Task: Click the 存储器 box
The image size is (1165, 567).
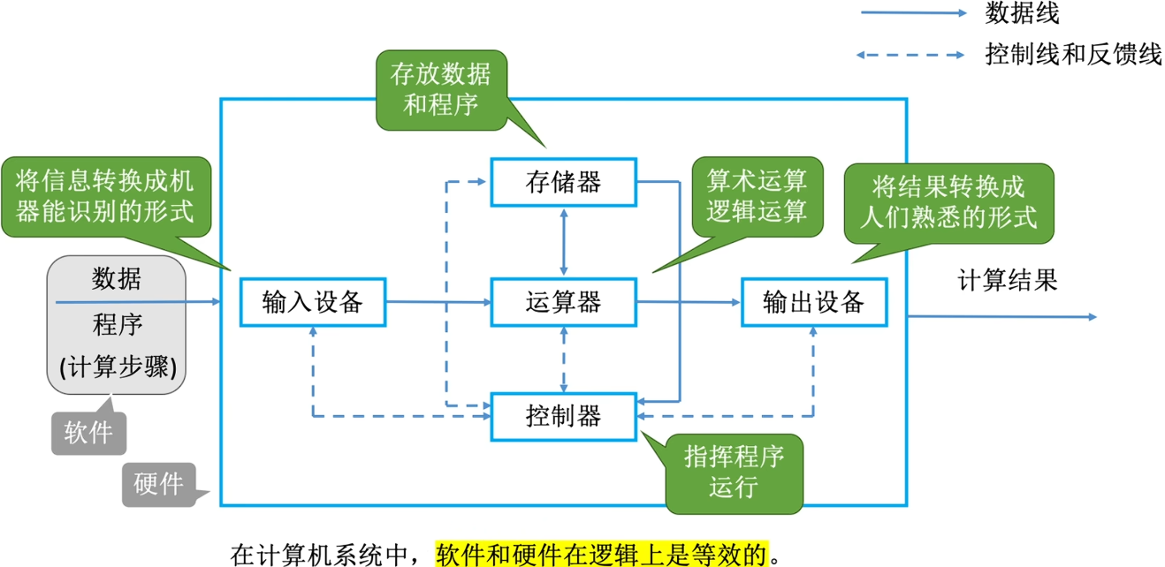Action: [563, 182]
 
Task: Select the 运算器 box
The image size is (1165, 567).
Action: [563, 302]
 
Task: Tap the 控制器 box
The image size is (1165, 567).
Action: [563, 415]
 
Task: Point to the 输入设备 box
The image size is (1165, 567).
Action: [313, 302]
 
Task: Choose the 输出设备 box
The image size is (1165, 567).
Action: [813, 302]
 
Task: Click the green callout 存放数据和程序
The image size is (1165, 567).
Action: [440, 90]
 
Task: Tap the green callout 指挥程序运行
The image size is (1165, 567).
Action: [734, 472]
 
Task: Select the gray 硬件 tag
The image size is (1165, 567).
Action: [159, 484]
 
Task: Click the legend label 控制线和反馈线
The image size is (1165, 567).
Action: [1072, 54]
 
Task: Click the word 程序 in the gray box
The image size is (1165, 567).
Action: [117, 325]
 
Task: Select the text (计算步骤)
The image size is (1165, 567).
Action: [117, 367]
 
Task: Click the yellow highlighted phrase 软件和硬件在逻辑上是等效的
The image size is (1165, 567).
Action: [602, 554]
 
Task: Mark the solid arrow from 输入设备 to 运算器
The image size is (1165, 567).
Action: [438, 302]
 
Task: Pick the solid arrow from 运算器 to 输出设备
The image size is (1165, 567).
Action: [688, 302]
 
